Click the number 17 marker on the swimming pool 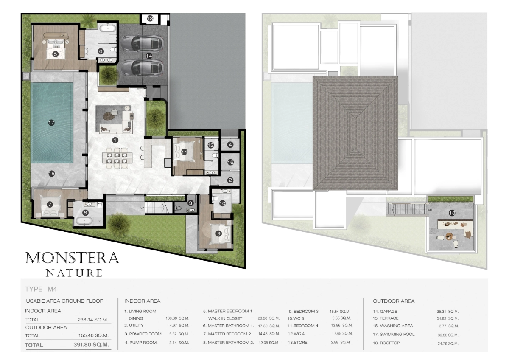[x=51, y=123]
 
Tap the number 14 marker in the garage [x=149, y=56]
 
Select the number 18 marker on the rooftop [x=452, y=213]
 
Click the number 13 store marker [x=150, y=18]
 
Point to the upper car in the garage [x=142, y=43]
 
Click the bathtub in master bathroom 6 [x=108, y=28]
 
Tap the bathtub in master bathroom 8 [x=84, y=221]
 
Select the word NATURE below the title [x=74, y=273]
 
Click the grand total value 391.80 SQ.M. [x=91, y=345]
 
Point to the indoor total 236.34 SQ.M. [x=93, y=320]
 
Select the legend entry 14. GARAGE [x=385, y=311]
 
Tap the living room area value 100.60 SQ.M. [x=177, y=318]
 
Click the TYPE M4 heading [x=41, y=289]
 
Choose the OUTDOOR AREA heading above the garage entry [x=394, y=301]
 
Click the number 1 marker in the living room [x=115, y=140]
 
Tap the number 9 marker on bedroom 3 [x=218, y=233]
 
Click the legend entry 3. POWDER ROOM [x=143, y=334]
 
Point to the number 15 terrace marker [x=52, y=174]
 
